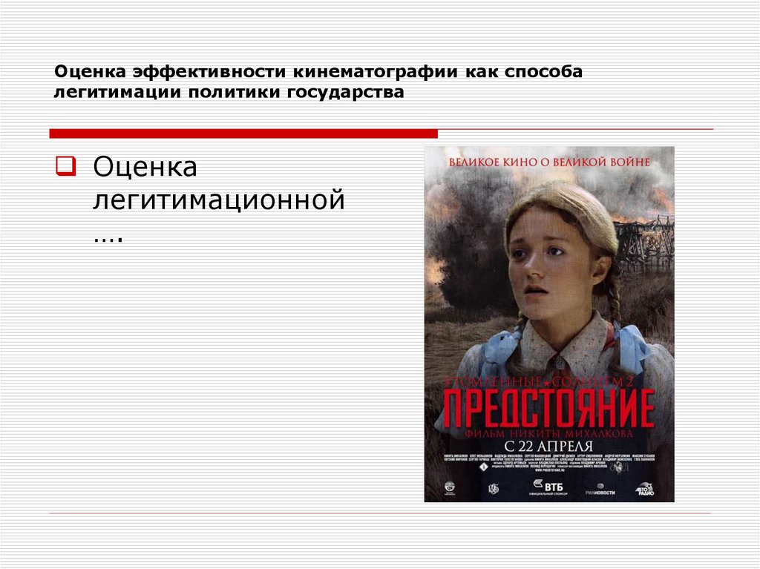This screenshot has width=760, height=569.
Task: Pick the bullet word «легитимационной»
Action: coord(218,201)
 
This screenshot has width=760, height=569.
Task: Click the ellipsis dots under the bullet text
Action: coord(107,237)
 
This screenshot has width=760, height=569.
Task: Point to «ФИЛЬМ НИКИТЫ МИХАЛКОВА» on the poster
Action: coord(548,431)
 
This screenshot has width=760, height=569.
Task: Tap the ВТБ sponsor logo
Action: coord(549,486)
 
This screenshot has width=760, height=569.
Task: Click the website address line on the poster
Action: coord(548,471)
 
